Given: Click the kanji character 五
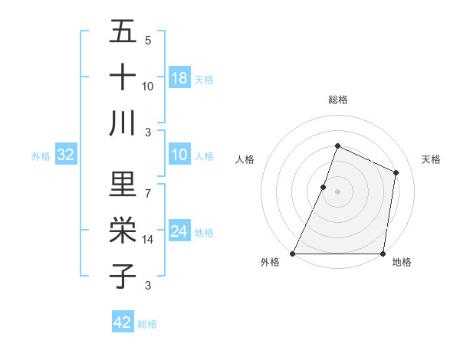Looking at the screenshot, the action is click(123, 33).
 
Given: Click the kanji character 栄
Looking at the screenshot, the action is click(123, 230).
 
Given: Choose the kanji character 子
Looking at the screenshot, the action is click(123, 276).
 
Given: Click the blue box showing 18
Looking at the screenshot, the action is click(179, 77).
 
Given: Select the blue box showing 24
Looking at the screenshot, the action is click(179, 231).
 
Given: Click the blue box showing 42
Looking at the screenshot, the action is click(123, 322).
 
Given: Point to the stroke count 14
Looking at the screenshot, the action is click(148, 240).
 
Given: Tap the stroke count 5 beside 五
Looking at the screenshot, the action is click(148, 41).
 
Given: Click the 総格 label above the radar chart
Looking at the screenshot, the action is click(337, 100).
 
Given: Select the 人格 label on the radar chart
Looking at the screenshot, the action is click(245, 160).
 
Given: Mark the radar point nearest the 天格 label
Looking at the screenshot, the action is click(396, 172).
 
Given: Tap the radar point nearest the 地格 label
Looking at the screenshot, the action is click(383, 254).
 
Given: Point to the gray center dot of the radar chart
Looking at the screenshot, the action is click(337, 191).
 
